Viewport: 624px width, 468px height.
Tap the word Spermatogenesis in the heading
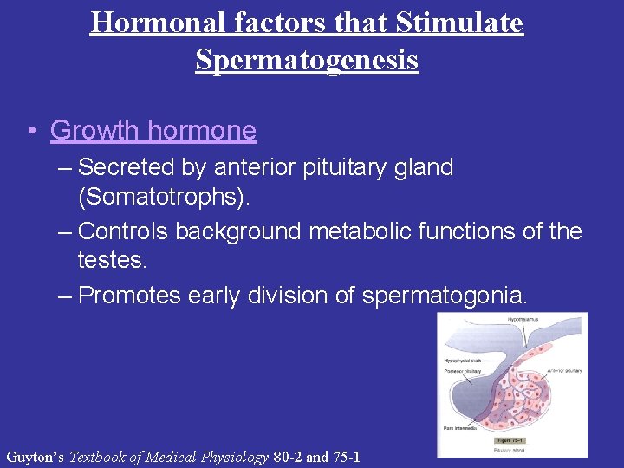pyautogui.click(x=307, y=60)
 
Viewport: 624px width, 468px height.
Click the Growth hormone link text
pyautogui.click(x=153, y=130)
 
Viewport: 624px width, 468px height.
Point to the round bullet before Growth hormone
pyautogui.click(x=30, y=131)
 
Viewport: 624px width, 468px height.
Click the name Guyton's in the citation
pyautogui.click(x=35, y=457)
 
